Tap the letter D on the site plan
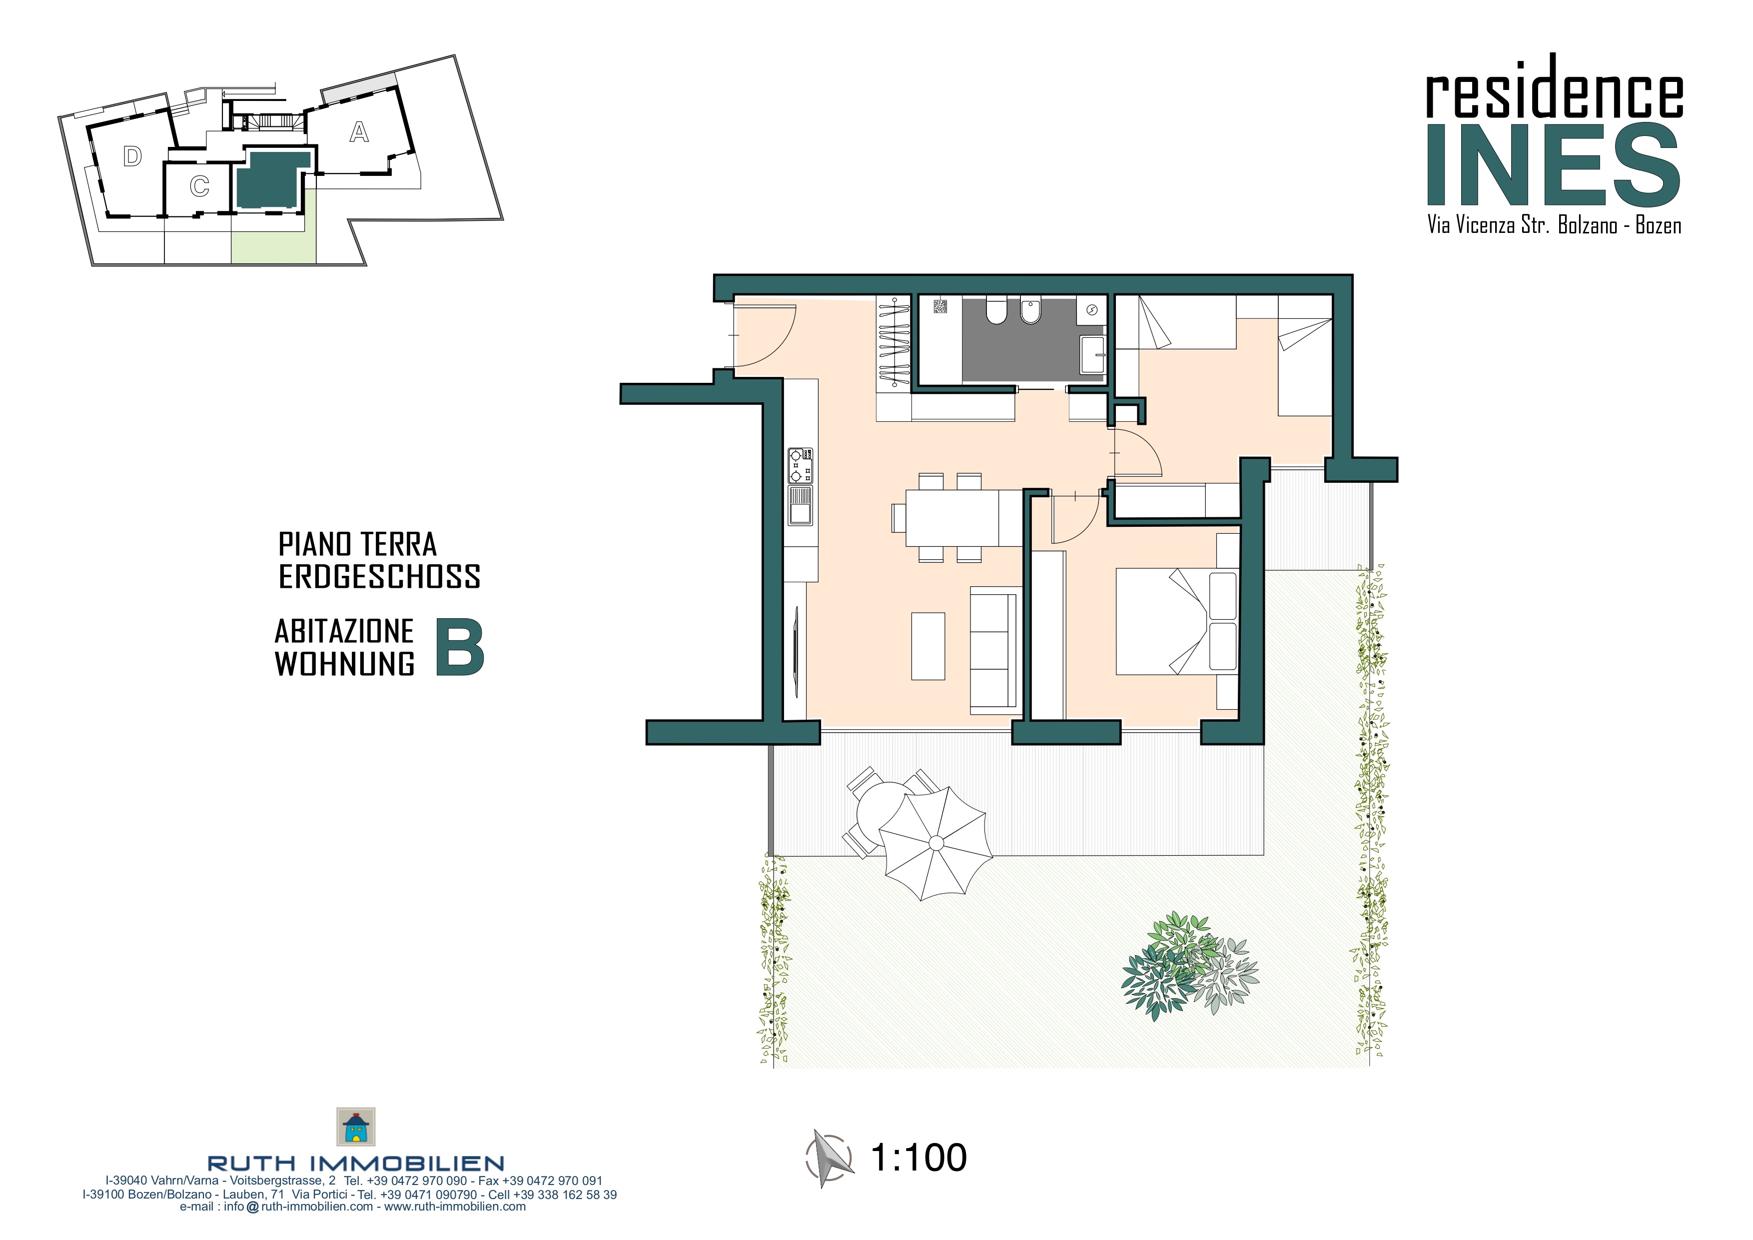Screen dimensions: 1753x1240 [133, 156]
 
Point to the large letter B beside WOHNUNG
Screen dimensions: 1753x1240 [460, 647]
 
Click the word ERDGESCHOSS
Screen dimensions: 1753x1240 [379, 576]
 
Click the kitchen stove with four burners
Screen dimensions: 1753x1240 [800, 465]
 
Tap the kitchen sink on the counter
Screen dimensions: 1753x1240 [800, 505]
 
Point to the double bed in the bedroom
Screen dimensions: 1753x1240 [1176, 621]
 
